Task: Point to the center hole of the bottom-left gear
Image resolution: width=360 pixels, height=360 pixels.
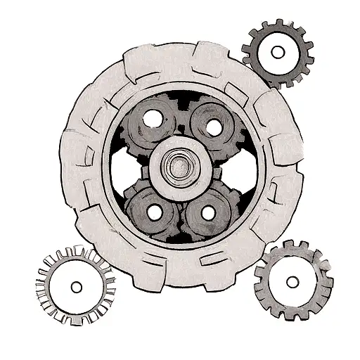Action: tap(76, 287)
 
